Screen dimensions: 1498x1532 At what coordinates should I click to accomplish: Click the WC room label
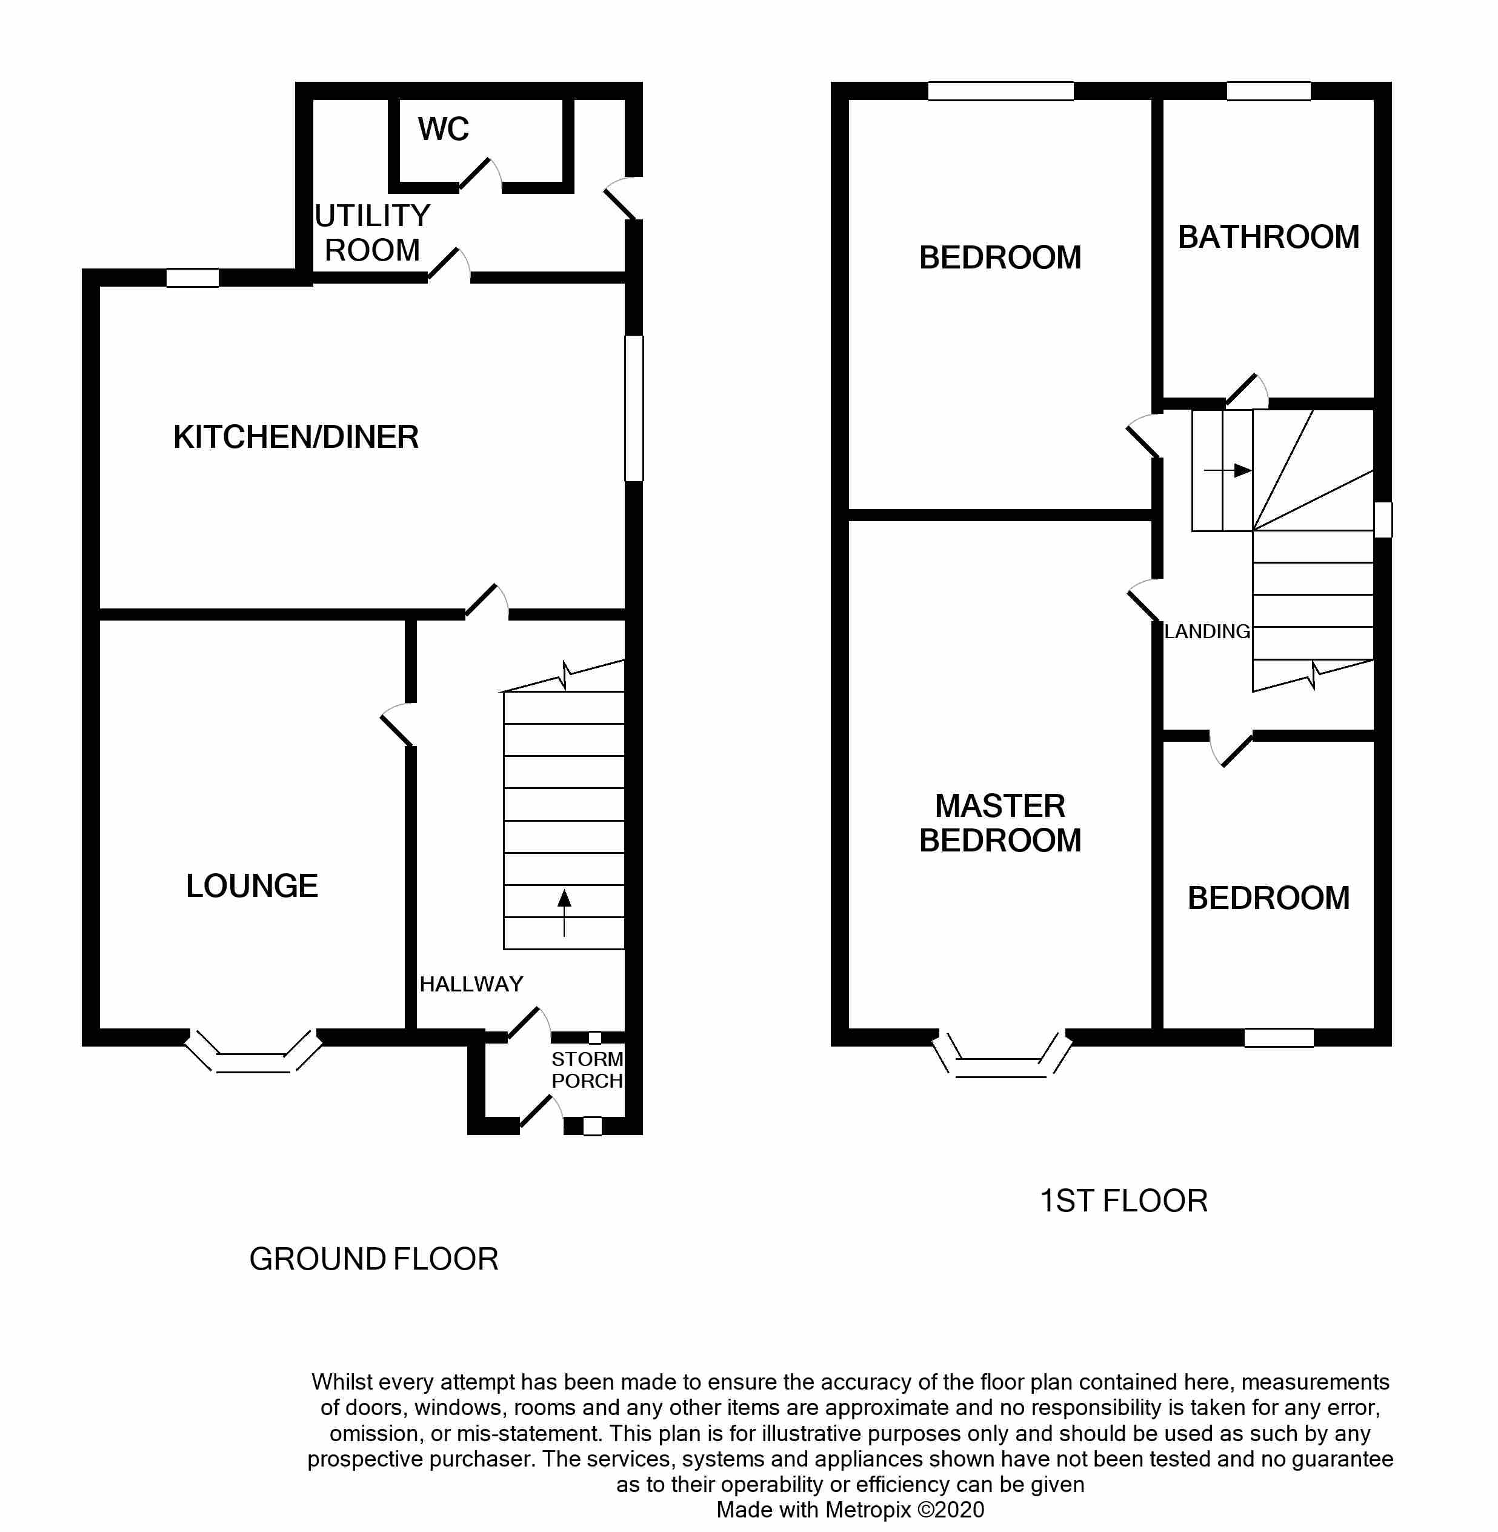(443, 129)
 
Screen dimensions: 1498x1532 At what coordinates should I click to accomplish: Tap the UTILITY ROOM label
(372, 233)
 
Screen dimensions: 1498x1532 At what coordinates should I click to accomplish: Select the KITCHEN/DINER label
(296, 437)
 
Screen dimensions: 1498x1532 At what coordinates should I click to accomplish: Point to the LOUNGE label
(251, 886)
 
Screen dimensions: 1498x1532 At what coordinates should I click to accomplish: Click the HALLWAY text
(471, 984)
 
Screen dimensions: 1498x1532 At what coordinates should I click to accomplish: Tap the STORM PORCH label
(587, 1070)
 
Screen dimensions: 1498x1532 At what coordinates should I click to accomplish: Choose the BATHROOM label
(1268, 237)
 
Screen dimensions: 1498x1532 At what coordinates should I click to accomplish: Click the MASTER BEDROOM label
(1000, 823)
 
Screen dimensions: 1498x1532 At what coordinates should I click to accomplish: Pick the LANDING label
(1207, 631)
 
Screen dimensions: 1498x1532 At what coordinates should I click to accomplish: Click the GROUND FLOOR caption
(374, 1259)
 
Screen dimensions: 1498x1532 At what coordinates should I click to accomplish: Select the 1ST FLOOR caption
(1123, 1201)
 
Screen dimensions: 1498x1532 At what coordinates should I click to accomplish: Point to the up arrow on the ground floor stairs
(564, 913)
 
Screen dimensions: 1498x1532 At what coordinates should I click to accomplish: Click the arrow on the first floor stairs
(1227, 470)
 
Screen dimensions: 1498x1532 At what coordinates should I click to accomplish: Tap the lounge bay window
(253, 1050)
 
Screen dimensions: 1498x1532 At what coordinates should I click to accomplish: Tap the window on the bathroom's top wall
(1268, 92)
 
